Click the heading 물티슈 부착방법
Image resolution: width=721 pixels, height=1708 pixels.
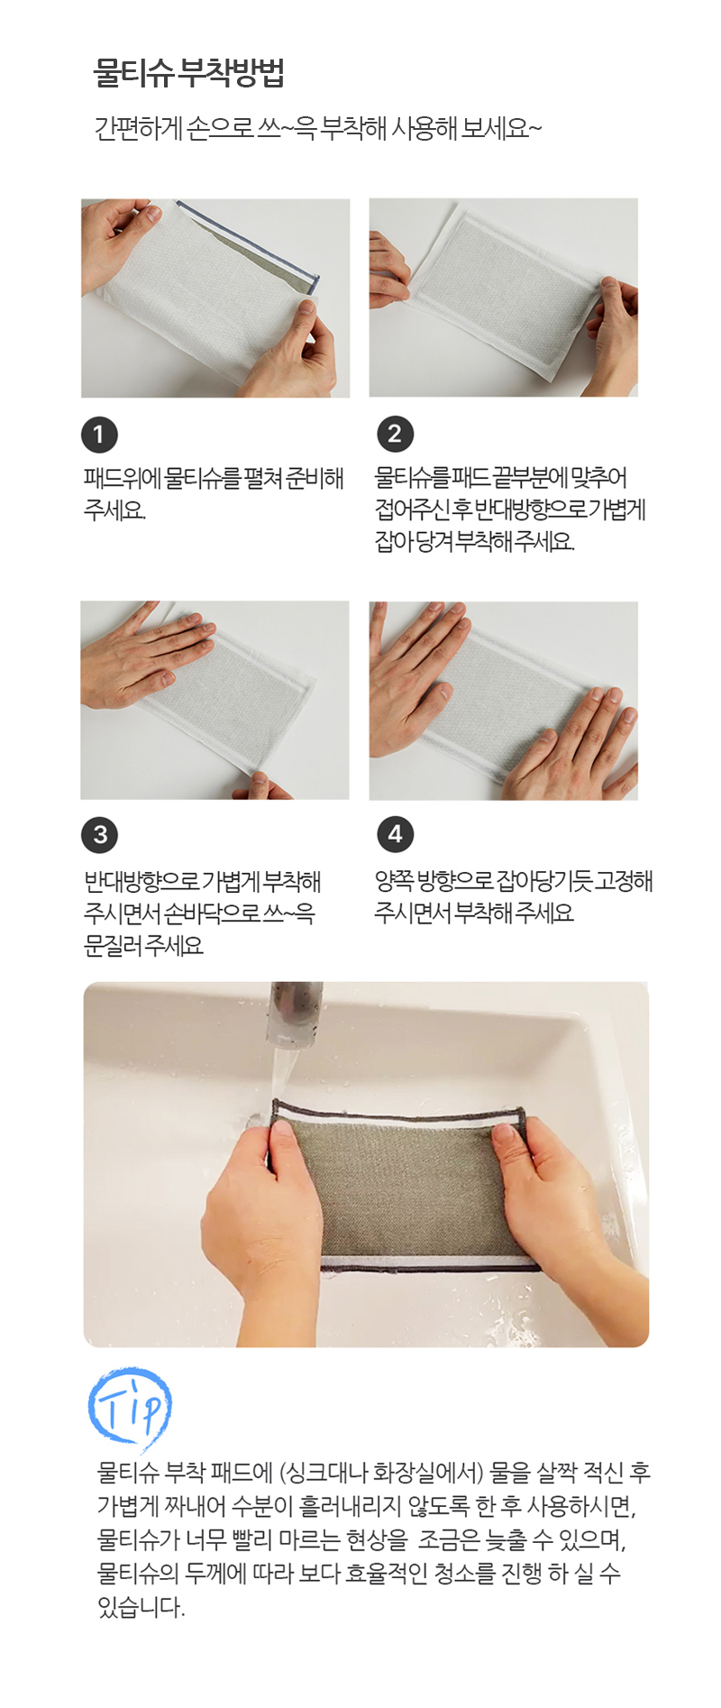(x=188, y=73)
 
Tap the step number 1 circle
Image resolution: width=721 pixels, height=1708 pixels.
(x=99, y=435)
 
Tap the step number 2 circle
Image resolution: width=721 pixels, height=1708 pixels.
(x=395, y=435)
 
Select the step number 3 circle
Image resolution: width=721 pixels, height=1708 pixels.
(x=99, y=834)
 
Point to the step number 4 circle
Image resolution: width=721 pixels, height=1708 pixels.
(x=395, y=834)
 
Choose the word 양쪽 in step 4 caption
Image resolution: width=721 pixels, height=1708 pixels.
(x=394, y=881)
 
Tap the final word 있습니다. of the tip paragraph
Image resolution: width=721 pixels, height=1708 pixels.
(x=141, y=1606)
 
